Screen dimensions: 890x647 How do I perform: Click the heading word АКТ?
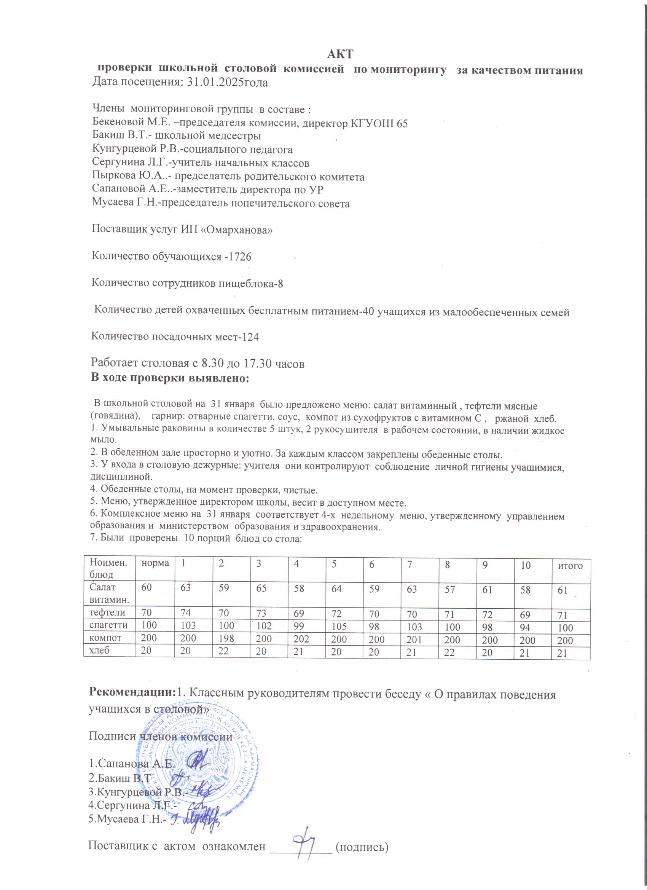coord(341,53)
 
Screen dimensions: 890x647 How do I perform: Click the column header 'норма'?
coord(155,563)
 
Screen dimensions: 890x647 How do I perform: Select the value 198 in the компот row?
coord(226,638)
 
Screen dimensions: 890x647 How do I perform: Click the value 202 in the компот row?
coord(301,638)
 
